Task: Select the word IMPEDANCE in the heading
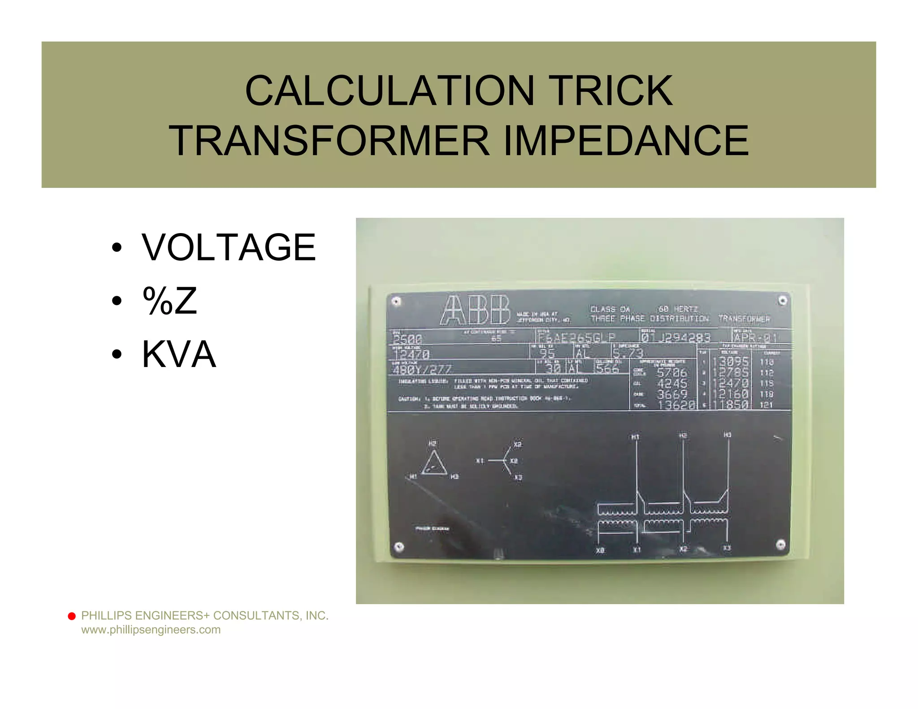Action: point(626,141)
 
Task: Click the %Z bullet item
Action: point(169,301)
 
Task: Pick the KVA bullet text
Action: point(179,354)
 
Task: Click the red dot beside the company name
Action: point(72,616)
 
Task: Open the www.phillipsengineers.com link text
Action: point(151,630)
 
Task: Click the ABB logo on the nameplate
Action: point(476,310)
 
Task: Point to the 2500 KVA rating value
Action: point(407,339)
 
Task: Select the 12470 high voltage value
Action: point(411,355)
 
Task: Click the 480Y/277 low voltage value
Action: point(422,370)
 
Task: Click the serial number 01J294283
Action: point(676,337)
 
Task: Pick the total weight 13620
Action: point(676,405)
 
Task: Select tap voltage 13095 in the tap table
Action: point(733,362)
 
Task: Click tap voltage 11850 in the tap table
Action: point(733,405)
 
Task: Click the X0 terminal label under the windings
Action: point(600,550)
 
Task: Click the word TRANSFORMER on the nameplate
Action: point(744,319)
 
